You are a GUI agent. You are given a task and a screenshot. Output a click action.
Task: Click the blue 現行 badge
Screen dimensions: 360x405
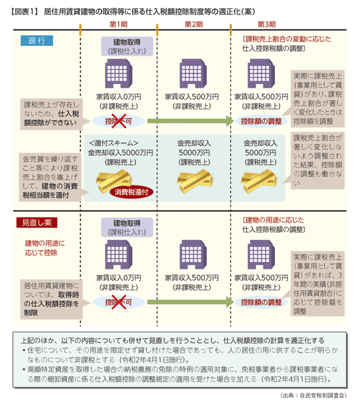coord(37,41)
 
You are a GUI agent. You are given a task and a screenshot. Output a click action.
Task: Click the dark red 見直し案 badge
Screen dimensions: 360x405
coord(37,222)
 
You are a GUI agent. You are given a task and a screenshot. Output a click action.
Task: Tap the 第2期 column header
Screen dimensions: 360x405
coord(194,24)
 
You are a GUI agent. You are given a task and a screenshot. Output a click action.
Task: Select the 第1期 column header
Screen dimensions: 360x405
coord(118,24)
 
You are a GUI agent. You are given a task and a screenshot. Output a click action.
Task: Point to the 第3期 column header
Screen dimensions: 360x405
coord(266,24)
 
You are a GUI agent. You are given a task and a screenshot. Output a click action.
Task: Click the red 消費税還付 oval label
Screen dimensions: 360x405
coord(132,192)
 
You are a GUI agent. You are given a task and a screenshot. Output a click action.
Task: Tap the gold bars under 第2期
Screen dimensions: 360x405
coord(195,181)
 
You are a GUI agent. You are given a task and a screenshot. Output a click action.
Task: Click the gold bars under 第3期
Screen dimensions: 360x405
coord(259,181)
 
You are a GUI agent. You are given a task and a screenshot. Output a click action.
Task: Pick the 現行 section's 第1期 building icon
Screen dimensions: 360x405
coord(118,73)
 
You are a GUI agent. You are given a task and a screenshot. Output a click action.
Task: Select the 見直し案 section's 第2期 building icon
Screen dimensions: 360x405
coord(193,255)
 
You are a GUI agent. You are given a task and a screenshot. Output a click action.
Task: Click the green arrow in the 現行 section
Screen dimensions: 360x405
coord(190,121)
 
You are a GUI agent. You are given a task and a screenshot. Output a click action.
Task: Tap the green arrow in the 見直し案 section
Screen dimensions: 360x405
coord(190,302)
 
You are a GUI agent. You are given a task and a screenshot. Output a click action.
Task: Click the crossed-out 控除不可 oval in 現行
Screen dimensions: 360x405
coord(118,121)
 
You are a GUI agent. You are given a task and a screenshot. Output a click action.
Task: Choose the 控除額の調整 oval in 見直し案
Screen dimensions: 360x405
coord(261,302)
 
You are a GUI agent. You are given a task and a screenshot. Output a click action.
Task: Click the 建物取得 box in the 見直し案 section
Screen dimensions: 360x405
coord(127,227)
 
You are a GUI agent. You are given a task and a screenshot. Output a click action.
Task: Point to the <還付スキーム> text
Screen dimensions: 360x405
coord(113,143)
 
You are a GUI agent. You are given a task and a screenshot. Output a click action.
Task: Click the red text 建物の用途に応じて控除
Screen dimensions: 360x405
coord(41,248)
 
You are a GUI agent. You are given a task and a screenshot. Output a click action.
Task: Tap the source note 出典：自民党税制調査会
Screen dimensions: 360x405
coord(313,395)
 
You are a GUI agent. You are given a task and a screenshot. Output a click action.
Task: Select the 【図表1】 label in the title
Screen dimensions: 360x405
coord(24,12)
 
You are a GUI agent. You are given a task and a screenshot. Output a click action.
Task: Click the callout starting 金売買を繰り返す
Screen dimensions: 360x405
coord(50,177)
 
